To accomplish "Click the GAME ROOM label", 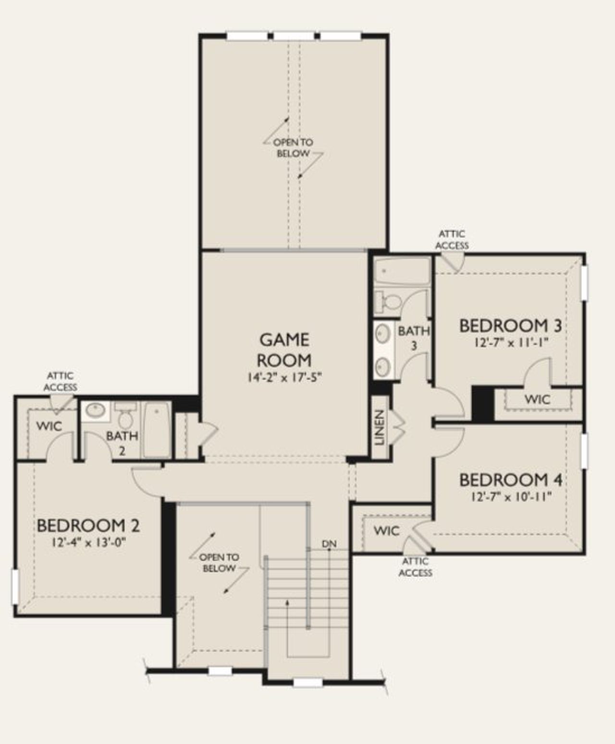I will (x=284, y=350).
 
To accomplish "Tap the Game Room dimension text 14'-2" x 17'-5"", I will (x=284, y=378).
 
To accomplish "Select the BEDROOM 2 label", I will (x=88, y=526).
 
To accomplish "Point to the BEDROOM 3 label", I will (x=510, y=325).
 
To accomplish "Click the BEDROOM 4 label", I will (x=511, y=480).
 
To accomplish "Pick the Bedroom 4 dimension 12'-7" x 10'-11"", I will (x=511, y=496).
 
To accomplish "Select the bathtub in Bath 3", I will (x=403, y=272).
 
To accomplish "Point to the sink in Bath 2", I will (x=95, y=410).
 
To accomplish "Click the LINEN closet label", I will (x=380, y=427).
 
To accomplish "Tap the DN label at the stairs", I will (x=329, y=544).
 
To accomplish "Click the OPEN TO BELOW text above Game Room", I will (x=293, y=148).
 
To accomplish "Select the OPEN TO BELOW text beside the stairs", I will (x=219, y=563).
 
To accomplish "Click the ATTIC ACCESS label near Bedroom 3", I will (x=452, y=240).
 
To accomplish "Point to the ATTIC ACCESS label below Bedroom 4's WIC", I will (x=416, y=567).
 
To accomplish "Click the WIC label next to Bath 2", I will (x=49, y=426).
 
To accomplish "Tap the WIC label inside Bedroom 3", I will (x=537, y=399).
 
